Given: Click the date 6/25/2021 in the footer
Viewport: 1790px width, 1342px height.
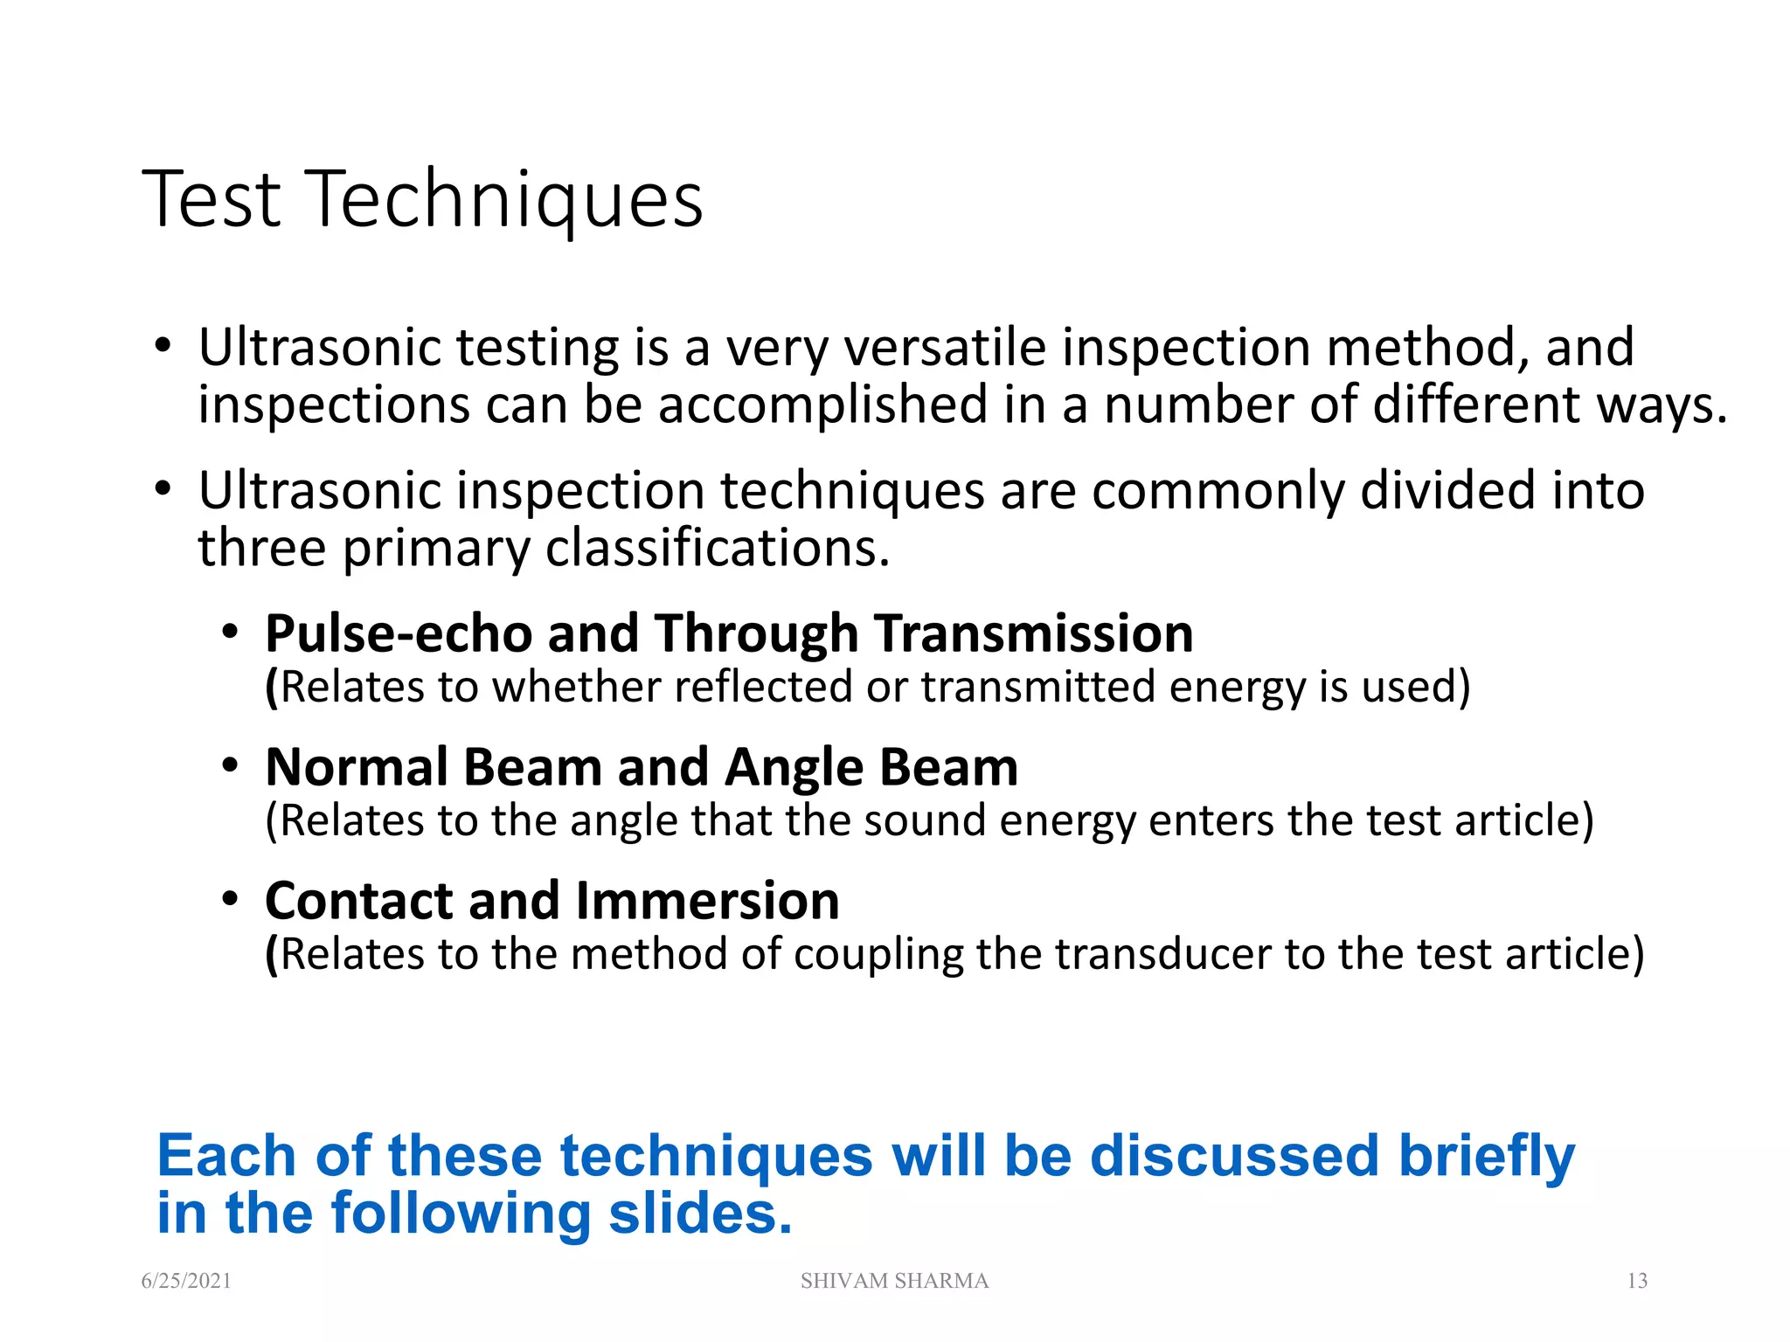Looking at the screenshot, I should pos(186,1281).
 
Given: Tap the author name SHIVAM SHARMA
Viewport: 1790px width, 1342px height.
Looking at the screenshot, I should pos(894,1281).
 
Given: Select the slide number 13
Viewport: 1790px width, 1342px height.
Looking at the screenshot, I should pos(1637,1281).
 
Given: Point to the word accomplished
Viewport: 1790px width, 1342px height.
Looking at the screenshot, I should pos(823,406).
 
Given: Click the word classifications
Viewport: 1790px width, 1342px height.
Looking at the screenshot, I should pos(718,549).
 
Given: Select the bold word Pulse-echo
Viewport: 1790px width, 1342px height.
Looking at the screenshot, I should pos(399,633).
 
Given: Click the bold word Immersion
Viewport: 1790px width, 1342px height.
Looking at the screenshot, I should pos(707,901).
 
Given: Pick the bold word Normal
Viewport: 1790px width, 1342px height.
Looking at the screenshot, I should pos(357,767).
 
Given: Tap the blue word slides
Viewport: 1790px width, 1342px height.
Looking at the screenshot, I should pos(700,1214).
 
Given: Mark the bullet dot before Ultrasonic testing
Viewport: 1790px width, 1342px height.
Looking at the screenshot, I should pos(163,346).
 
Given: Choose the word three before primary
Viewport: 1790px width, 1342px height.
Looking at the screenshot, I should pos(262,549).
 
